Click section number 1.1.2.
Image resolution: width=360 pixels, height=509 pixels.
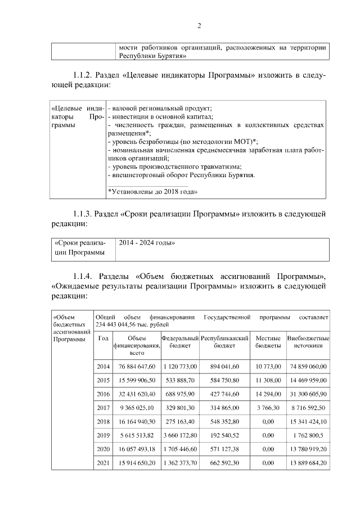tap(83, 75)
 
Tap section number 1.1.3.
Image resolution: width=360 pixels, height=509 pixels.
tap(83, 214)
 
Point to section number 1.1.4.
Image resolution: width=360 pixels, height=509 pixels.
tap(83, 277)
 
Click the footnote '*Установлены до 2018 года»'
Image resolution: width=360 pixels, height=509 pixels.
tap(151, 192)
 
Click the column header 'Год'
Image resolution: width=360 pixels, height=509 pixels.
tap(103, 338)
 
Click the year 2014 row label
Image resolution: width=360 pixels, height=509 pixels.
tap(103, 366)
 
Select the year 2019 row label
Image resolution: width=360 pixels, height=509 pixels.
tap(103, 435)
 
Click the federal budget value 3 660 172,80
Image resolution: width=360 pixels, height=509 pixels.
tap(181, 435)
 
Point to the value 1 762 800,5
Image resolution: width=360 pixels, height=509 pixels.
tap(308, 435)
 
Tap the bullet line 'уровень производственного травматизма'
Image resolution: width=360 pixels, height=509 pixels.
tap(175, 166)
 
